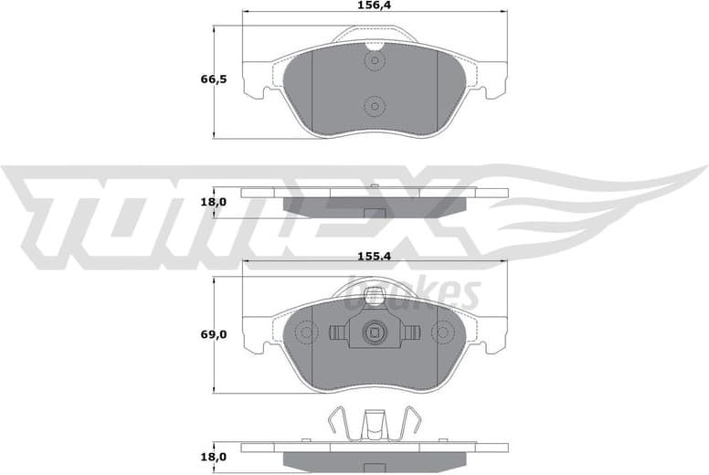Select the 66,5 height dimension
point(213,79)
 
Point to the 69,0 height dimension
point(213,335)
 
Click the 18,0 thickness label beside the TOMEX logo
point(213,202)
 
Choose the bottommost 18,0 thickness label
point(213,457)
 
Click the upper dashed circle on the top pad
point(374,62)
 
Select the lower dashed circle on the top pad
point(374,106)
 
